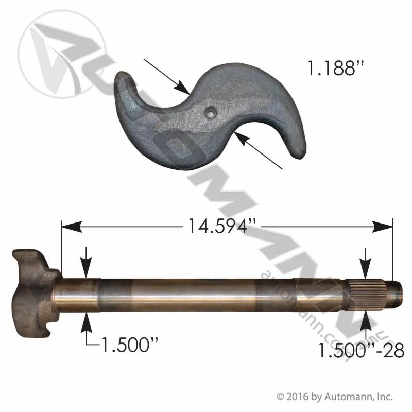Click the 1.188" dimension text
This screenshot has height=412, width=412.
click(336, 68)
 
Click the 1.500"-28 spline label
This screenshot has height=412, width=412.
click(361, 350)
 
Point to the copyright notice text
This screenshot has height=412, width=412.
click(335, 396)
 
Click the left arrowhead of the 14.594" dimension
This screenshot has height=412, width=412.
click(72, 227)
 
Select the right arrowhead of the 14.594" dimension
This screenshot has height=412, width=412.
click(383, 227)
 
